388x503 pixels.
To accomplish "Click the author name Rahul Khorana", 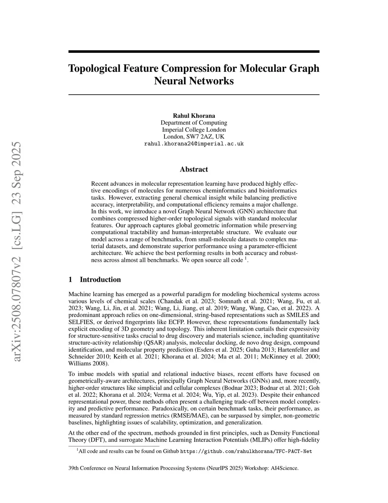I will (194, 115).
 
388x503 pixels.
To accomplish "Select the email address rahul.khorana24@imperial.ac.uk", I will (194, 144).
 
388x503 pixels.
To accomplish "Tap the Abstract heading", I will (194, 169).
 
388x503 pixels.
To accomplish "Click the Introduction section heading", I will (100, 280).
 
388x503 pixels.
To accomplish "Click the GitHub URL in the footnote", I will (246, 451).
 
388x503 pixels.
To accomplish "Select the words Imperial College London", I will (194, 129).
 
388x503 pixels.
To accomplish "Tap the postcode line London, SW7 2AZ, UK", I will (194, 137).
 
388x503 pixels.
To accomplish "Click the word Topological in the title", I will (95, 68).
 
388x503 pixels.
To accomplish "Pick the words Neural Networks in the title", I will (194, 81).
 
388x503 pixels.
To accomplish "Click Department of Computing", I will (194, 123).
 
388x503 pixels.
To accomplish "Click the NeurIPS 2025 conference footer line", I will (183, 468).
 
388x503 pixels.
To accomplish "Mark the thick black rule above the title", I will (194, 52).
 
